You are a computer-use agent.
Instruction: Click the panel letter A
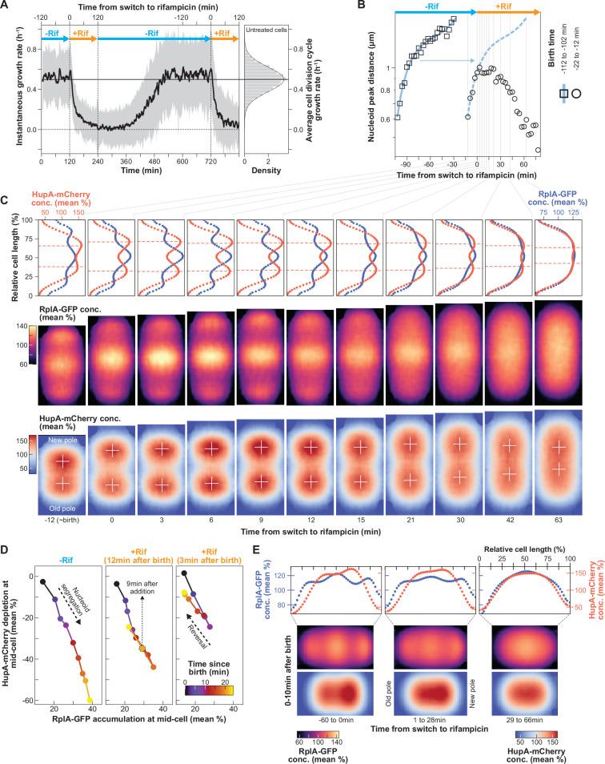[x=6, y=6]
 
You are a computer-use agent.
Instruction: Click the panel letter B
[x=361, y=6]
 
